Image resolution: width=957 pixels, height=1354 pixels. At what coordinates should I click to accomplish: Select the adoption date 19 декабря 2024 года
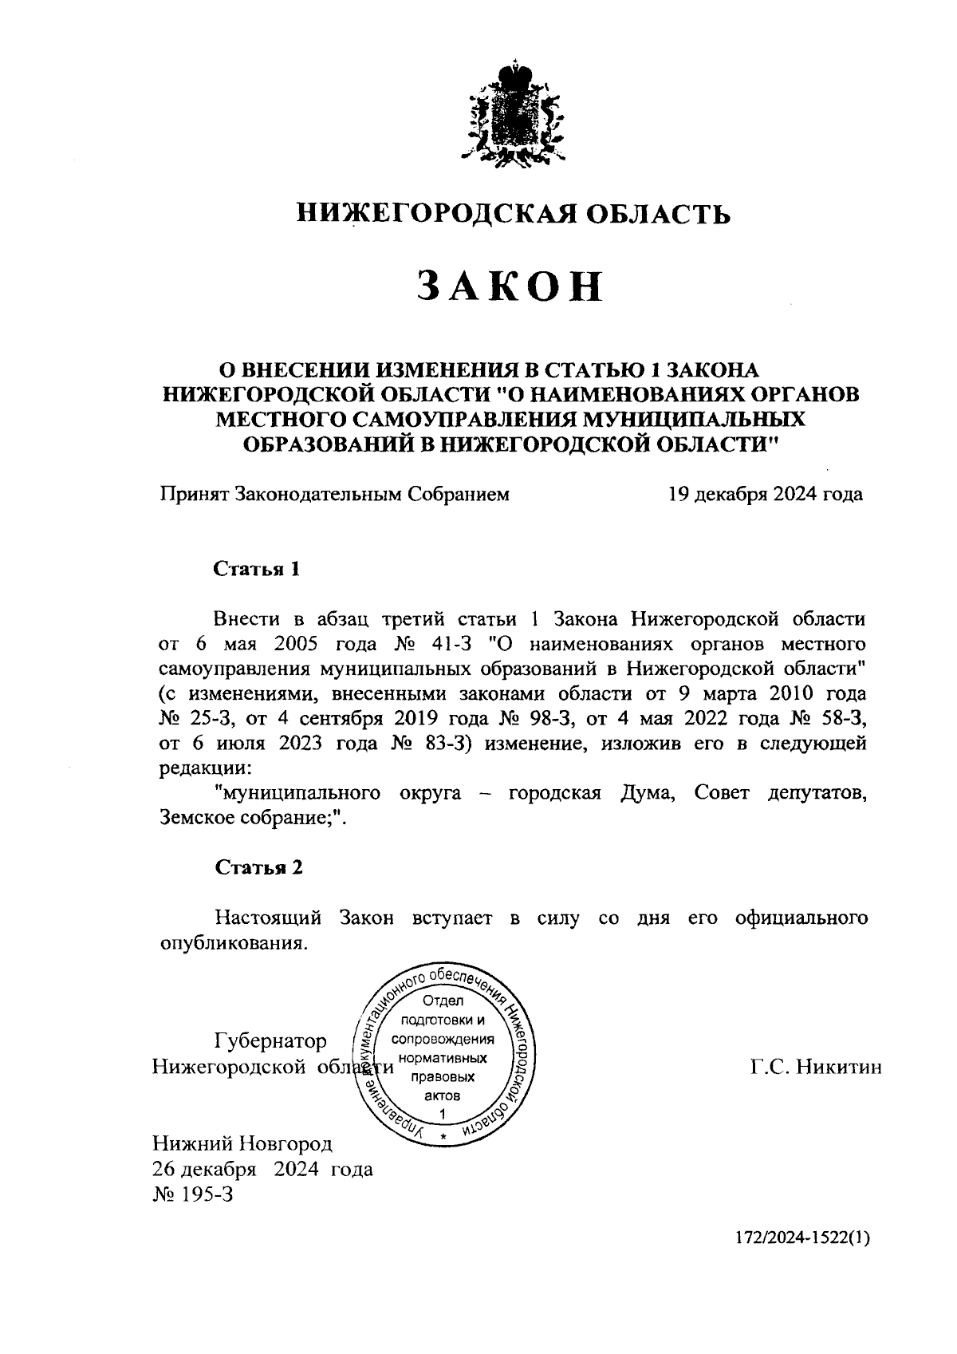[x=765, y=495]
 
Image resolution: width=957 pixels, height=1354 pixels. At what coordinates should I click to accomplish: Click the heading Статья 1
[x=258, y=569]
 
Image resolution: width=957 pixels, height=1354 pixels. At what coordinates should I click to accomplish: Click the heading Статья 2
[x=258, y=868]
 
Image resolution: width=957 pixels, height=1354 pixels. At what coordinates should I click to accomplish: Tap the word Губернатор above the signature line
[x=270, y=1041]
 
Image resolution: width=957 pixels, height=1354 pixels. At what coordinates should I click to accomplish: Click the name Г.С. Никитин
[x=815, y=1067]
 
